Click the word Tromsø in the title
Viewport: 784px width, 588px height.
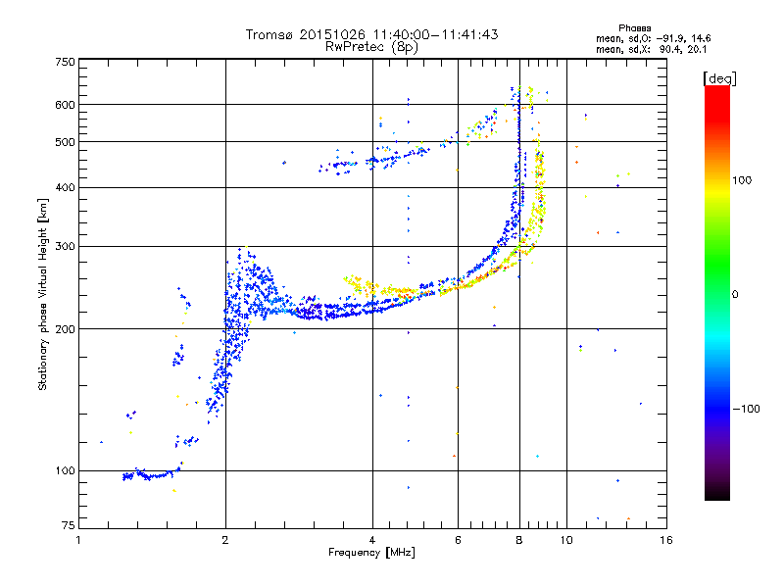click(269, 34)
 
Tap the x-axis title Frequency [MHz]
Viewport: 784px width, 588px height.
click(371, 554)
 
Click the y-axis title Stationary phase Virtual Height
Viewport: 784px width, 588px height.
click(43, 294)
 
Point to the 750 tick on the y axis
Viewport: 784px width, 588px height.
click(65, 62)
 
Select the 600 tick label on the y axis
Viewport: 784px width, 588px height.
click(65, 104)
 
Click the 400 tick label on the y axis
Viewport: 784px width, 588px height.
click(65, 187)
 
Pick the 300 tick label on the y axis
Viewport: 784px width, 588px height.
click(65, 246)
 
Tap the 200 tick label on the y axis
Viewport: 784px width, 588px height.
click(65, 328)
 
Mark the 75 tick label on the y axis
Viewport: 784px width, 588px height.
click(68, 526)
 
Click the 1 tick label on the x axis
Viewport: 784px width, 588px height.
click(79, 539)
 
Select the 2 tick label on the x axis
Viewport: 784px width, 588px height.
click(225, 539)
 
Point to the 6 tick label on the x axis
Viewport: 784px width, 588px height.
click(458, 539)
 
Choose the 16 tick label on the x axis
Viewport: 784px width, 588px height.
click(664, 539)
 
